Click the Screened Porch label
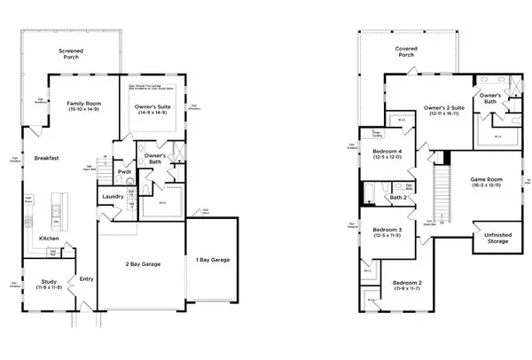pos(70,54)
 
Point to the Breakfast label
pos(46,158)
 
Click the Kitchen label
pos(50,239)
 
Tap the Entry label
pos(86,279)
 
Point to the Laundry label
pos(113,196)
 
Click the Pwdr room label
pos(124,173)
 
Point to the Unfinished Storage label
pos(497,239)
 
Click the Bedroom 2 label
pos(409,286)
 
